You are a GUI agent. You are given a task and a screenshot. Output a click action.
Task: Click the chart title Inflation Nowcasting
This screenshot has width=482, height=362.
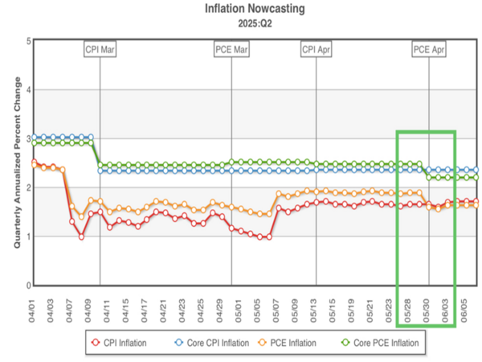(240, 10)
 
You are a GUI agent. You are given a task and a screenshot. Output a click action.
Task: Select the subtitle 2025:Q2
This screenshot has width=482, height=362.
(240, 24)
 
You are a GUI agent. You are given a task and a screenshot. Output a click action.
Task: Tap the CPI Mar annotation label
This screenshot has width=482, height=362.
(100, 50)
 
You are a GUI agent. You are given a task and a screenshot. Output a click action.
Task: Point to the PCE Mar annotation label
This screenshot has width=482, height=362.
(231, 50)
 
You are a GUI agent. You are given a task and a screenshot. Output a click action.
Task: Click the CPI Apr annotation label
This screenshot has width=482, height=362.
(316, 50)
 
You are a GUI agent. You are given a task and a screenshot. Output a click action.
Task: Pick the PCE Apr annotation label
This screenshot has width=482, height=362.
(429, 50)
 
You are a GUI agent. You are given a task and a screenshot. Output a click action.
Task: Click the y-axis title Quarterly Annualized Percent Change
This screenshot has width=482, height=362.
(14, 163)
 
